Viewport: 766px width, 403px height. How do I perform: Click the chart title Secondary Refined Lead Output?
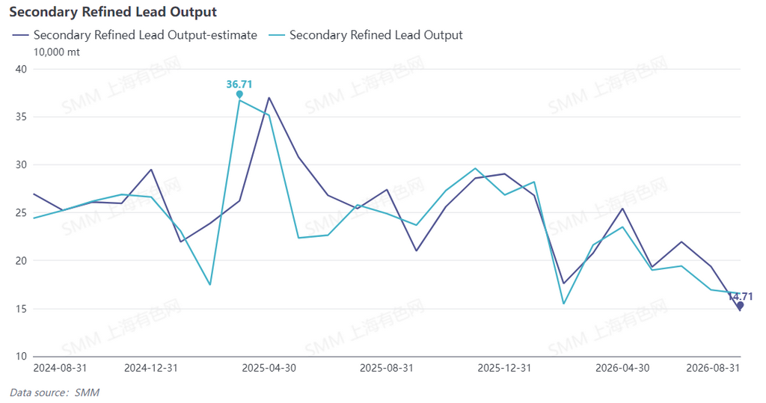(113, 12)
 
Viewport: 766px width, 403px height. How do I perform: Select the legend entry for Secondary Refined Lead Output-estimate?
(135, 35)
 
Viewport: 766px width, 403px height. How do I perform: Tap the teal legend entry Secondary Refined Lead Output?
(365, 35)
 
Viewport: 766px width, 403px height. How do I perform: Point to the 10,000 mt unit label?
(56, 52)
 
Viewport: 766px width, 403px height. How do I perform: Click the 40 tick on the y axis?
(21, 69)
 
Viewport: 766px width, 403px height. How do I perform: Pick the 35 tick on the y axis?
(21, 117)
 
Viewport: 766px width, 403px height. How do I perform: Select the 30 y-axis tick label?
(21, 164)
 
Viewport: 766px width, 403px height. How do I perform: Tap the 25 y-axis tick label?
(21, 212)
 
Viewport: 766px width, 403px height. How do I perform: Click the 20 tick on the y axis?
(21, 260)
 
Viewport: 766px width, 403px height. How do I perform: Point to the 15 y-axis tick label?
(21, 309)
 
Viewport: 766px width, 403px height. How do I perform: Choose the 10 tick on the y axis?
(21, 356)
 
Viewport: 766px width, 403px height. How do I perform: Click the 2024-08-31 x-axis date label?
(60, 368)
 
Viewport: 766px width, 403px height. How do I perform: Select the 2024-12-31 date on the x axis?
(151, 368)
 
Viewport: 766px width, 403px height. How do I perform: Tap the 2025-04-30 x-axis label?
(269, 368)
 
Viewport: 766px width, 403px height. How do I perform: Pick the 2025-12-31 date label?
(504, 368)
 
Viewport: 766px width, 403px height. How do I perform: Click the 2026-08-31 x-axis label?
(713, 368)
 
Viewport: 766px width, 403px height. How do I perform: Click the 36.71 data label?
(239, 84)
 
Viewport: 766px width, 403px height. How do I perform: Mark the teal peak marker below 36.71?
(239, 94)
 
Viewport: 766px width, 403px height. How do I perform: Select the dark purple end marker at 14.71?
(740, 305)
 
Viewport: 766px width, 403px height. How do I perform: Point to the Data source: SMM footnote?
(55, 393)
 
